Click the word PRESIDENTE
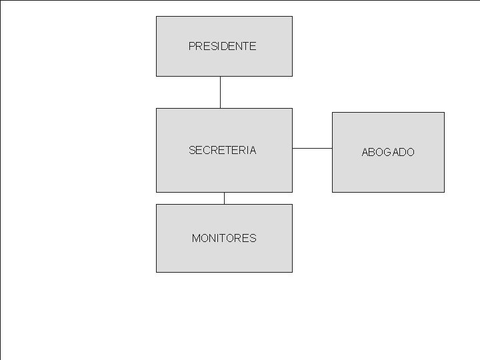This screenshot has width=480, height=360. click(222, 47)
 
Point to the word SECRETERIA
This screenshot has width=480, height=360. click(222, 151)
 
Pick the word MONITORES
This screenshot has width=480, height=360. click(224, 238)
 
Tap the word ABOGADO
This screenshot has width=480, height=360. click(388, 152)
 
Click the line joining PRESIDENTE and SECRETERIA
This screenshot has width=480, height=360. click(220, 92)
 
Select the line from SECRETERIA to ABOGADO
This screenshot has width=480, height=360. click(312, 148)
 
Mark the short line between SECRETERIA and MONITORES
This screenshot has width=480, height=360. click(224, 198)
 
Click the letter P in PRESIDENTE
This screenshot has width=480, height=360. click(192, 47)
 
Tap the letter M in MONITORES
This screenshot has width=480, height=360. click(195, 238)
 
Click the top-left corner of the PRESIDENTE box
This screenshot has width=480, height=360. click(157, 17)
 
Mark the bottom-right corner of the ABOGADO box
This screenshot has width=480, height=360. click(444, 192)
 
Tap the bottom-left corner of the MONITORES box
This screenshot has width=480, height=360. click(157, 272)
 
